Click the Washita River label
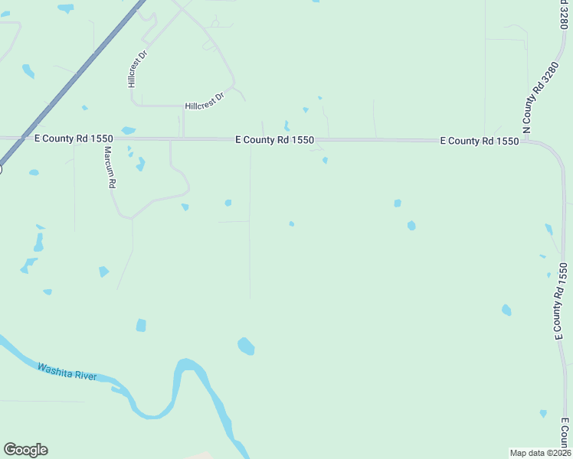(x=67, y=372)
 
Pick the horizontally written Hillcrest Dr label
(x=204, y=102)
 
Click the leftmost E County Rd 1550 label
(x=74, y=138)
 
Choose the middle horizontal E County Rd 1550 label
(x=274, y=140)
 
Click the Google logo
(x=25, y=450)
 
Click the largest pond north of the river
(x=246, y=347)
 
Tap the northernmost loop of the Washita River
(x=187, y=365)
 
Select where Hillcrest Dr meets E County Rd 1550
(x=183, y=138)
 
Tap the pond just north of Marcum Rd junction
(x=128, y=130)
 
